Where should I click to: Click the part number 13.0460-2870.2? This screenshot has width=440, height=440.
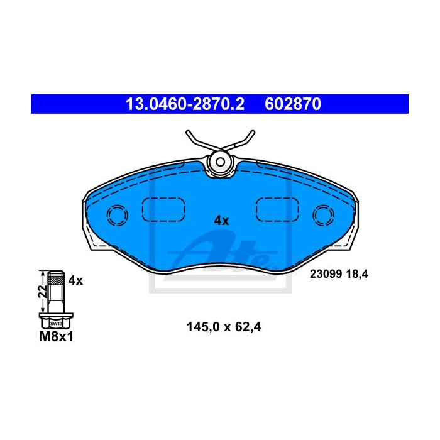point(185,104)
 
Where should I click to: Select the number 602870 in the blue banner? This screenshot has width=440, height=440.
point(293,104)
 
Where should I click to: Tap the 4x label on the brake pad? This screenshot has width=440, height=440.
point(221,221)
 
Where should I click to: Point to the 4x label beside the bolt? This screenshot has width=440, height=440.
point(75,280)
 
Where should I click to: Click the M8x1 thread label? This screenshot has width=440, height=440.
point(57,336)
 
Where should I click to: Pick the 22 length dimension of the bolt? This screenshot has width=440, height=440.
point(43,292)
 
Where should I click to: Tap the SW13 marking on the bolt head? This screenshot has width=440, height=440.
point(56,324)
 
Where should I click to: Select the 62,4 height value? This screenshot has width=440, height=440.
point(248,327)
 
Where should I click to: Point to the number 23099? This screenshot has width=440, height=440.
point(326,273)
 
